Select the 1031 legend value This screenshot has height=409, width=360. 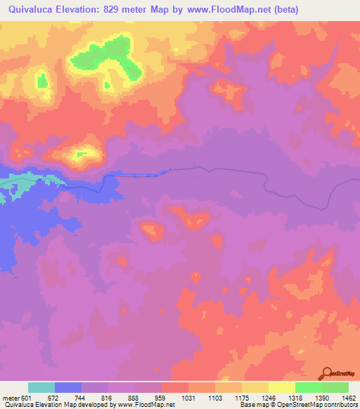click(189, 397)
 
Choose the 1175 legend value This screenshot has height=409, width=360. click(243, 397)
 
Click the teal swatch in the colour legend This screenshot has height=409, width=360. click(41, 387)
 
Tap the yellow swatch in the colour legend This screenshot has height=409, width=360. click(282, 387)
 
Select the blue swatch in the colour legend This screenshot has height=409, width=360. click(68, 387)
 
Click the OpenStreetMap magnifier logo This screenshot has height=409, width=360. click(327, 373)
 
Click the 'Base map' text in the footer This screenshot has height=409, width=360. click(252, 405)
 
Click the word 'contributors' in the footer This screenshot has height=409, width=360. click(340, 405)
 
